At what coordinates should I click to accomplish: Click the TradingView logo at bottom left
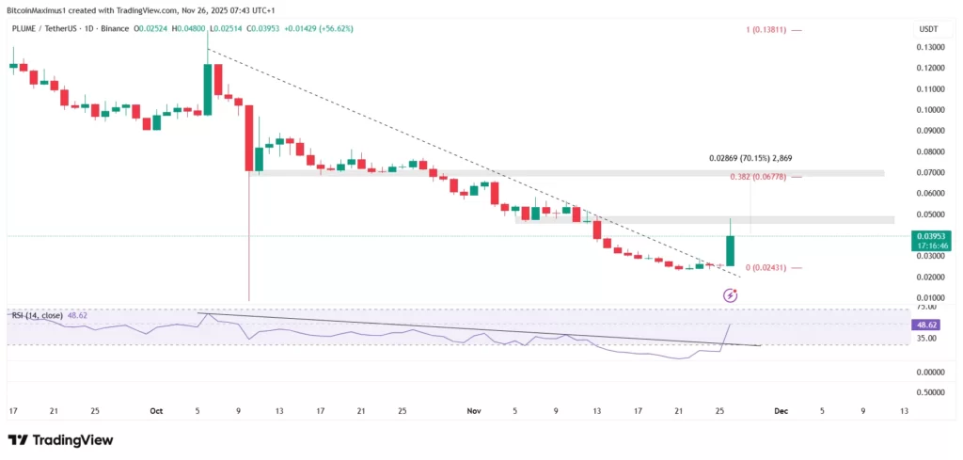point(60,439)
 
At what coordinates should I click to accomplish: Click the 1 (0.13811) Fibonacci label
point(766,31)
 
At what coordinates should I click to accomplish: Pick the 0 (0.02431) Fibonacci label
point(766,268)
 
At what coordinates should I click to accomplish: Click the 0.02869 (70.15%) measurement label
point(756,159)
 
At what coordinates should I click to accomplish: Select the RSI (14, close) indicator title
point(37,315)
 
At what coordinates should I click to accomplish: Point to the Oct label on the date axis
point(157,410)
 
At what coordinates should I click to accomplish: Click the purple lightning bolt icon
point(730,295)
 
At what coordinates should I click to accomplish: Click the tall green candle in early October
point(208,88)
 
